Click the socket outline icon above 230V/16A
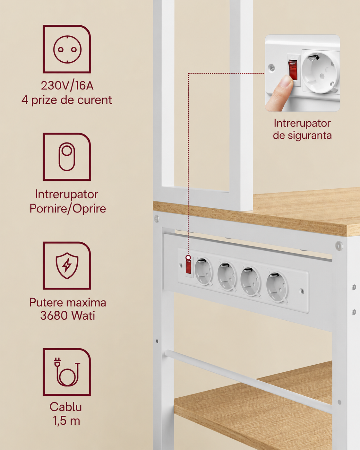[x=67, y=49]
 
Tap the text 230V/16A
[x=67, y=85]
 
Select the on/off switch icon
[x=67, y=157]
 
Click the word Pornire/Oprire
[x=68, y=209]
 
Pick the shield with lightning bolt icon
[x=67, y=265]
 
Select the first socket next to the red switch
[x=204, y=271]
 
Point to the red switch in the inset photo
[x=293, y=70]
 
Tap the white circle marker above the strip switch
[x=188, y=257]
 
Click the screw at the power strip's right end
[x=302, y=291]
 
